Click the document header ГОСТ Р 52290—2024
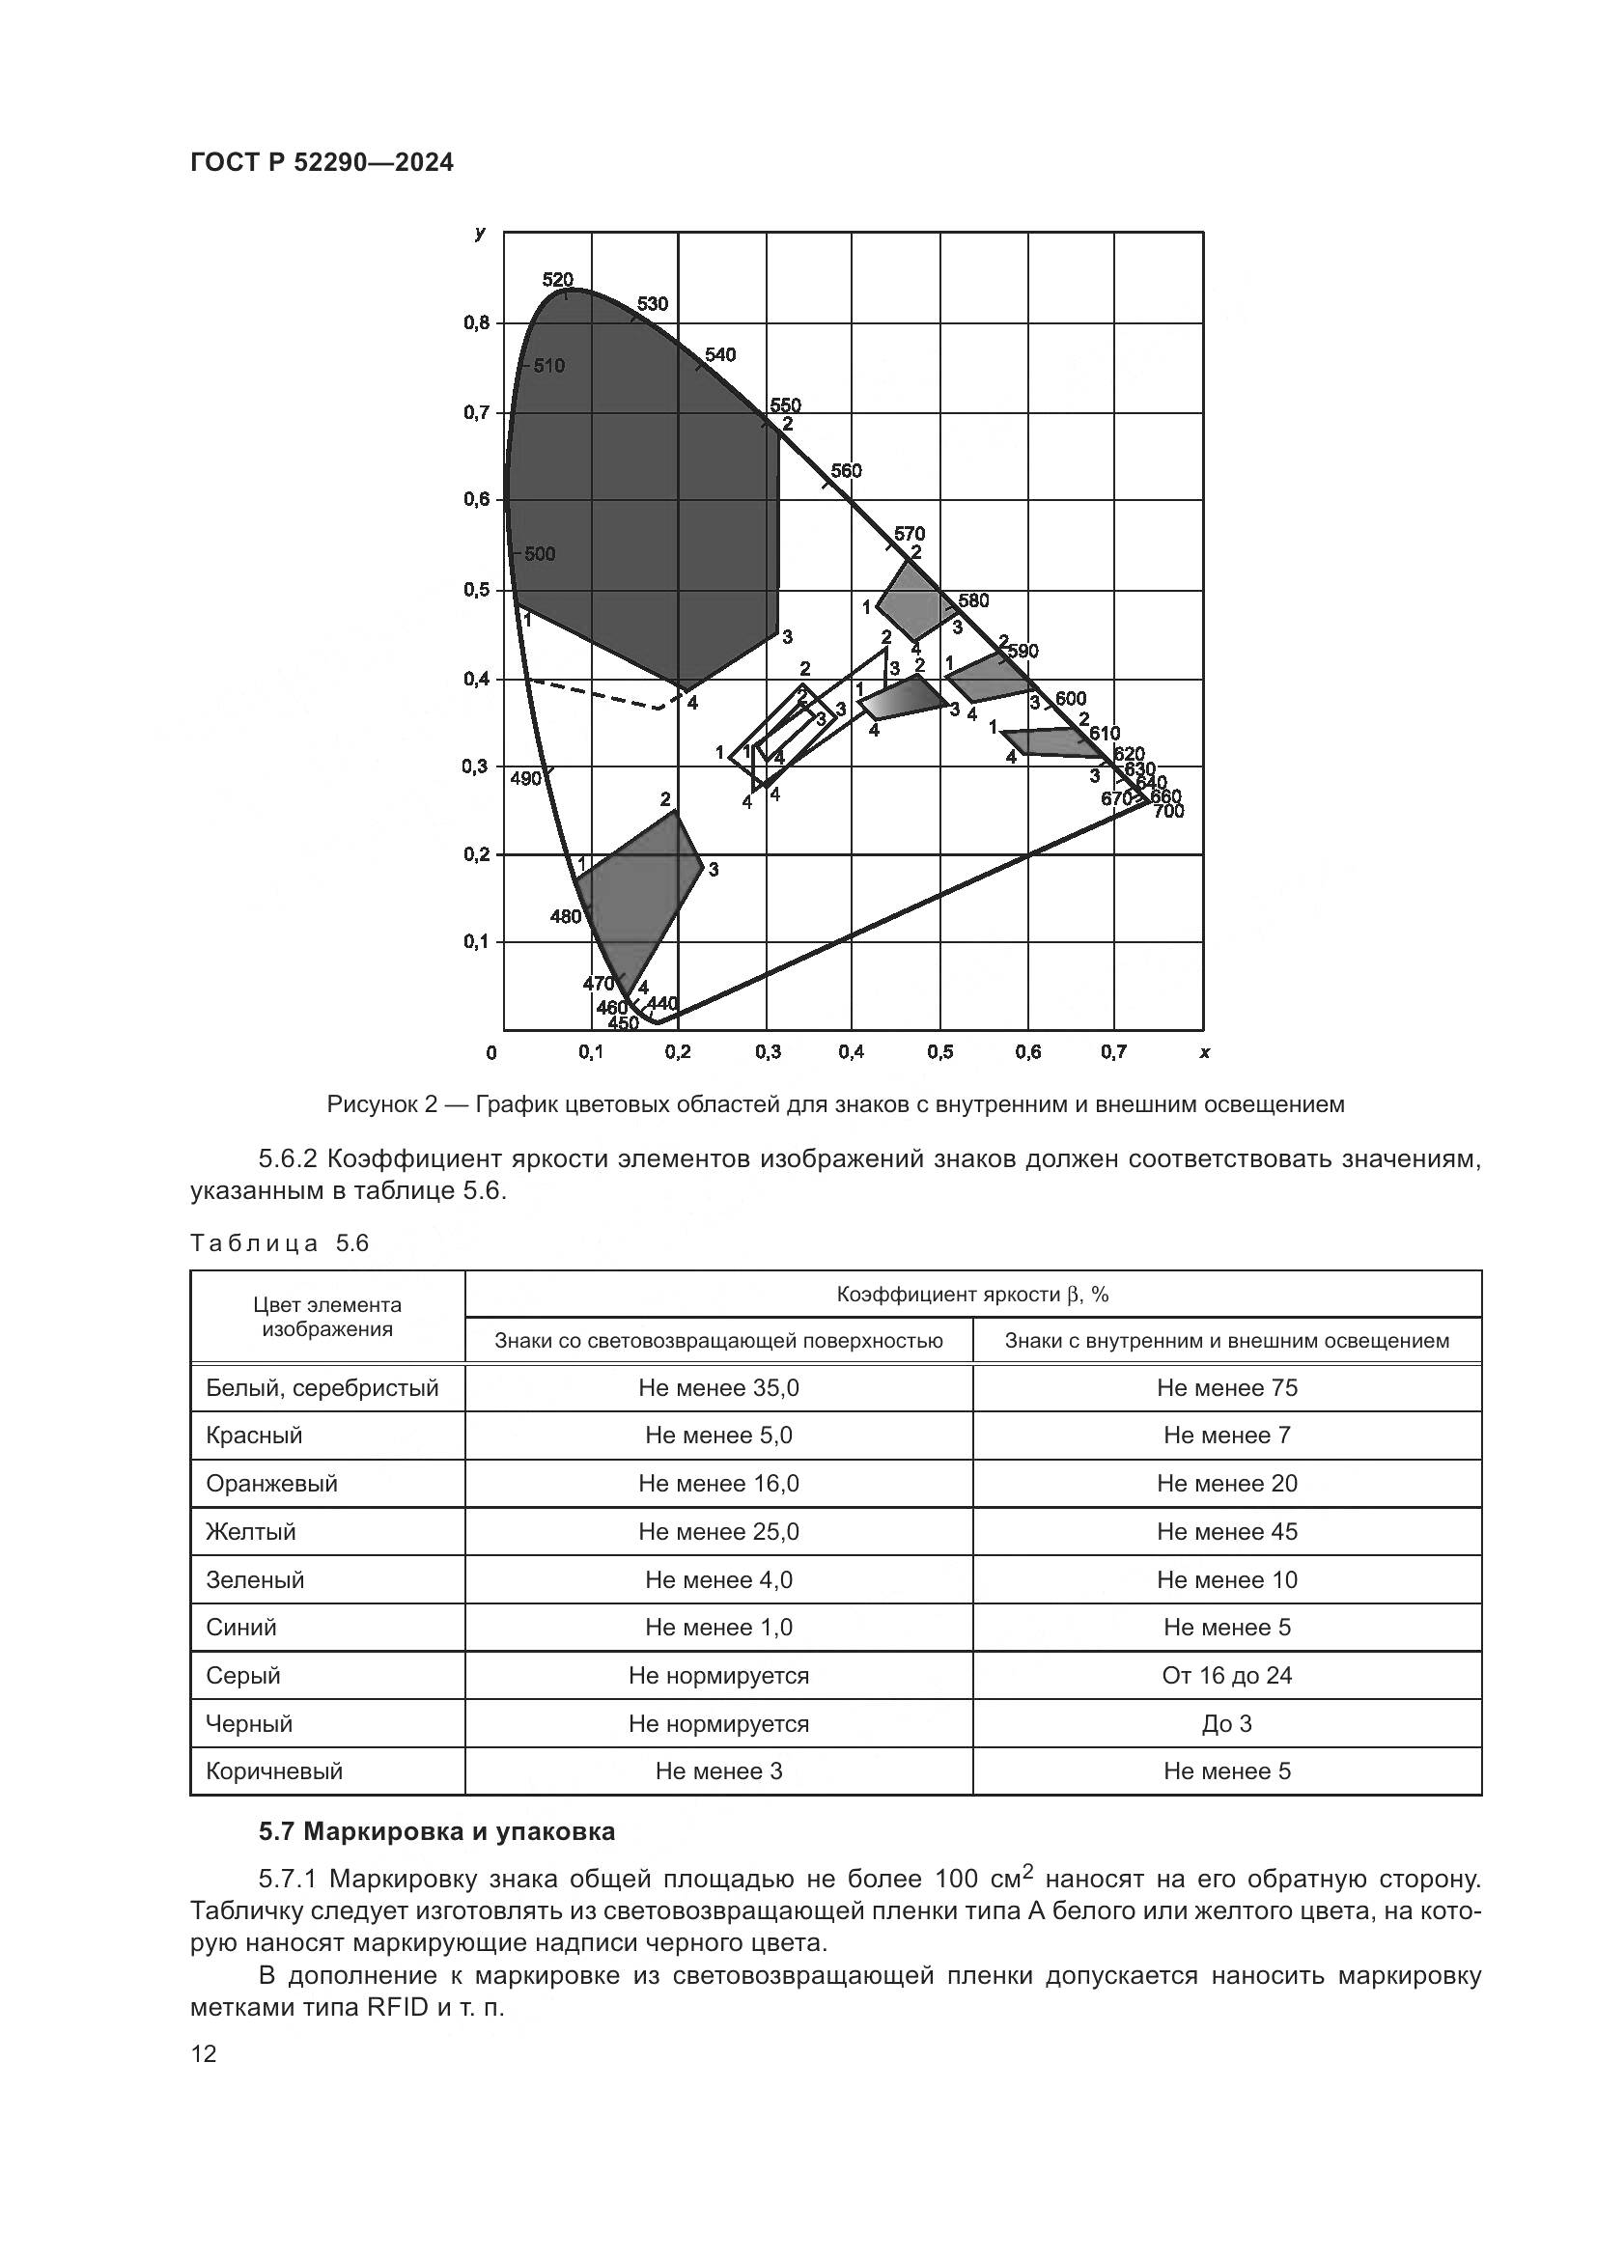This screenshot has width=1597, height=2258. click(322, 163)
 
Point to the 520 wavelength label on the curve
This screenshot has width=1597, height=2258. click(557, 280)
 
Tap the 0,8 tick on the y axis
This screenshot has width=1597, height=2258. click(478, 323)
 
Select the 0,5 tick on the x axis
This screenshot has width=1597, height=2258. click(939, 1052)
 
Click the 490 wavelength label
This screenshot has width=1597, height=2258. click(526, 779)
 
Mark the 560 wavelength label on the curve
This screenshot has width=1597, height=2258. click(846, 471)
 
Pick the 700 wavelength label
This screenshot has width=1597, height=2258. click(1168, 812)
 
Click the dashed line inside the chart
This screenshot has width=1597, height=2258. click(590, 693)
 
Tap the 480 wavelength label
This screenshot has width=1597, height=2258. click(566, 916)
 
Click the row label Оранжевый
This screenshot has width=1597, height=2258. click(271, 1483)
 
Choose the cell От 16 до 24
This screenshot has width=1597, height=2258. click(1226, 1675)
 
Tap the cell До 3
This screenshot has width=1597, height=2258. click(1226, 1723)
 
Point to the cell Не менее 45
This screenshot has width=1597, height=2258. click(1226, 1531)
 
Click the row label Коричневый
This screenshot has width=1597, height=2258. click(274, 1771)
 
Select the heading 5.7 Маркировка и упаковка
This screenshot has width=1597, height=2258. click(436, 1831)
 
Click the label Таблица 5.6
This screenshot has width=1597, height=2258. click(279, 1244)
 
